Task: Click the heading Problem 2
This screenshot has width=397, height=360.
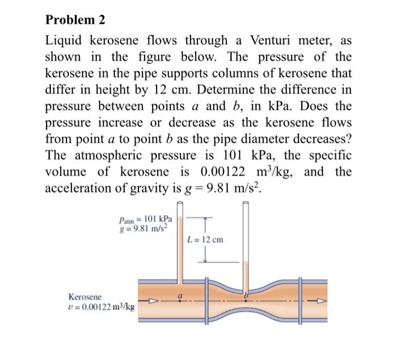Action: [75, 20]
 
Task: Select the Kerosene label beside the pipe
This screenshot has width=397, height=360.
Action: [85, 296]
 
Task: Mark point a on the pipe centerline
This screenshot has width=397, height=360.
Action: [180, 302]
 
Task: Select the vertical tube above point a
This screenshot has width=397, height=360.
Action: [180, 250]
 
